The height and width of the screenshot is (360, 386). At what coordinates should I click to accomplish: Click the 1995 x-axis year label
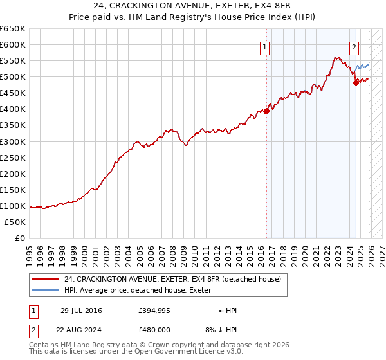30,250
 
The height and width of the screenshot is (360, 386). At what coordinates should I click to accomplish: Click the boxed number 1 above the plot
265,46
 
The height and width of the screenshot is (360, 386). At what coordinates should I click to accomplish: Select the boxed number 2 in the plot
354,46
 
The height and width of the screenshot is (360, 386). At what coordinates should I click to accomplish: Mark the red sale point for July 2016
267,111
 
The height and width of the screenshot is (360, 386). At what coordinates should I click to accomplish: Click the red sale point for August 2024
356,83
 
